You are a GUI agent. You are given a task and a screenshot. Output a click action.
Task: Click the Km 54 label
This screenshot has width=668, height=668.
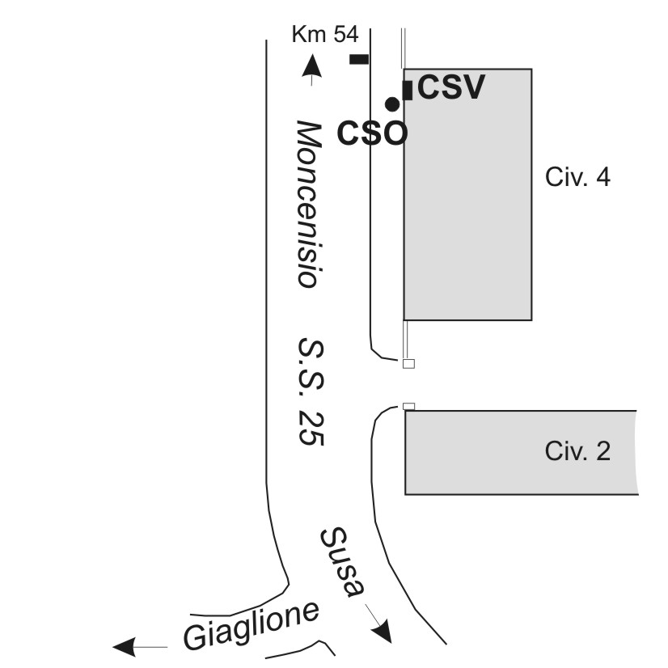pyautogui.click(x=325, y=34)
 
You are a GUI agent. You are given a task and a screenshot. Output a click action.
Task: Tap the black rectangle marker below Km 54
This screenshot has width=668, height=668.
pyautogui.click(x=359, y=59)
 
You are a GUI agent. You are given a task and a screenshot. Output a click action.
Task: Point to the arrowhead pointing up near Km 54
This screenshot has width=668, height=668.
pyautogui.click(x=312, y=66)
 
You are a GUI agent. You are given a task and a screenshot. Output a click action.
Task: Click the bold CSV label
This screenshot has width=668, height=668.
pyautogui.click(x=451, y=87)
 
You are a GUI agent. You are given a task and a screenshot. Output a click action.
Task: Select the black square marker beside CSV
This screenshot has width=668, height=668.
pyautogui.click(x=408, y=91)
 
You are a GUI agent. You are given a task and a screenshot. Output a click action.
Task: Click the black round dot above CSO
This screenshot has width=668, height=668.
pyautogui.click(x=392, y=104)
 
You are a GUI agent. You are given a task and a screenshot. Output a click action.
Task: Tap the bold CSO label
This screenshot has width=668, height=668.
pyautogui.click(x=372, y=133)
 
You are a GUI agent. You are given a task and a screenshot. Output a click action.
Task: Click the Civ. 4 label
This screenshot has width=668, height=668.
pyautogui.click(x=577, y=177)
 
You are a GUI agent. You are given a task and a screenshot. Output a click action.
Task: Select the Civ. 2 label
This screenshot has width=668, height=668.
pyautogui.click(x=577, y=450)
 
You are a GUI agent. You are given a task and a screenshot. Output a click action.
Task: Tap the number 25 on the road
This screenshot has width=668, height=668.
pyautogui.click(x=311, y=428)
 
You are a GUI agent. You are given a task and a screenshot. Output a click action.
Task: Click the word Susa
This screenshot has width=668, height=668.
pyautogui.click(x=342, y=562)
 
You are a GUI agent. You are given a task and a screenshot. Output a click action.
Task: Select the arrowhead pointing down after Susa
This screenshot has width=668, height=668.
pyautogui.click(x=381, y=631)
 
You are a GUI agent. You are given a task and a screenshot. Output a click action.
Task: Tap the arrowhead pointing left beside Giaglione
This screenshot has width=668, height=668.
pyautogui.click(x=124, y=647)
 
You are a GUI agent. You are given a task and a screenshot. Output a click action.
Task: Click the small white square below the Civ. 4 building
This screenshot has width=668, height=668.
pyautogui.click(x=408, y=363)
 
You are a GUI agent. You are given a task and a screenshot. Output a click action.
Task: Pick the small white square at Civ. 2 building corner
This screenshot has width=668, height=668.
pyautogui.click(x=408, y=407)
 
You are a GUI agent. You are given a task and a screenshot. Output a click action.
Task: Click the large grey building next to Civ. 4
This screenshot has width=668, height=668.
pyautogui.click(x=467, y=194)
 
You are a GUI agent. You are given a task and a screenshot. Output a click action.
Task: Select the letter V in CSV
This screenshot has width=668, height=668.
pyautogui.click(x=472, y=87)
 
